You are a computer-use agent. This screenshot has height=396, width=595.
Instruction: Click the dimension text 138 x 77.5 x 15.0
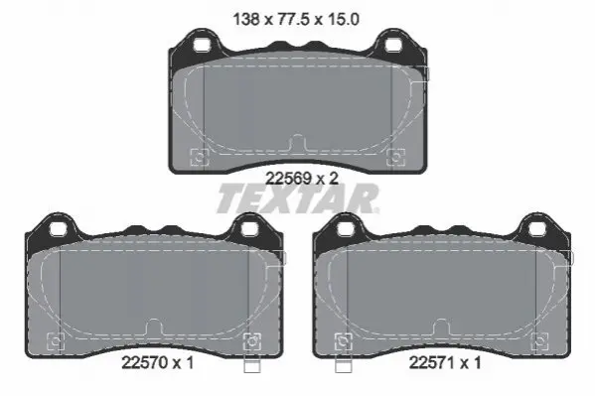tap(296, 19)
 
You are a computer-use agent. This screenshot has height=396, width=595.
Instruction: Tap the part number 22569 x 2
tap(302, 179)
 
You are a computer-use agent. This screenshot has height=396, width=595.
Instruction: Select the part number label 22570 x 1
tap(158, 363)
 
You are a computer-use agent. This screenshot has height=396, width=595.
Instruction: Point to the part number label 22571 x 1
tap(445, 363)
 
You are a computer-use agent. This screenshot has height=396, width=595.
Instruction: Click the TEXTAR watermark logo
tap(298, 198)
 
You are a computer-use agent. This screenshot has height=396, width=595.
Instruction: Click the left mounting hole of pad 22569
tap(202, 45)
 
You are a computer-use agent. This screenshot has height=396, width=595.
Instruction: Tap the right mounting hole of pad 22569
tap(393, 45)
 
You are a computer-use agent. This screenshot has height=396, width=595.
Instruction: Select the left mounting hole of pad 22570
tap(58, 229)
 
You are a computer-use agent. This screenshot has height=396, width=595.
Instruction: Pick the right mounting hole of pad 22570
tap(249, 229)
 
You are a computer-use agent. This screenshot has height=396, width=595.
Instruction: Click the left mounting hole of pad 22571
tap(346, 229)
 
